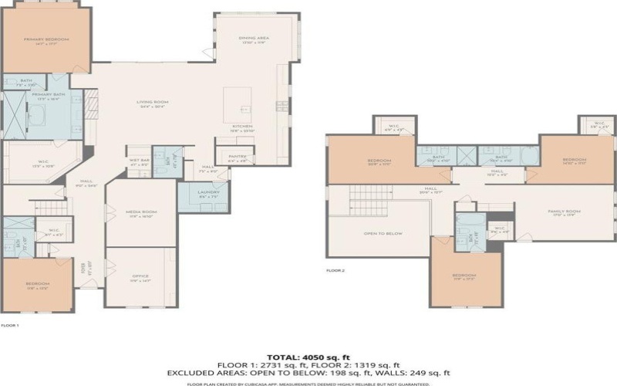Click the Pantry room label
tap(237, 157)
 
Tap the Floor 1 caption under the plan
tap(9, 326)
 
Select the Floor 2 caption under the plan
tap(335, 271)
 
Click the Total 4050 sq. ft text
tap(308, 357)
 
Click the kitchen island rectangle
tap(238, 104)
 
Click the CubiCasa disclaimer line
tap(308, 382)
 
